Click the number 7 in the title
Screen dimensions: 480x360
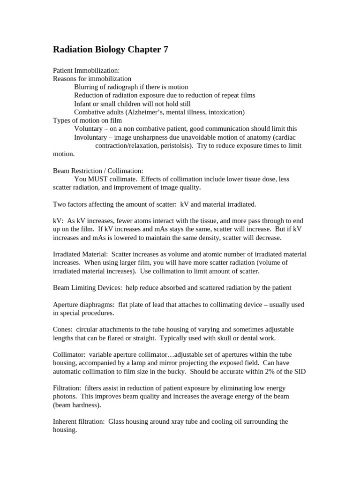click(165, 50)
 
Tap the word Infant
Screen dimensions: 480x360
click(83, 104)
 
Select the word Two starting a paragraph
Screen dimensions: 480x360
click(59, 204)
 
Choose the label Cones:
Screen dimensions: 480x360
click(63, 329)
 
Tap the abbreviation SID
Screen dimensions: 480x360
click(300, 371)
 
